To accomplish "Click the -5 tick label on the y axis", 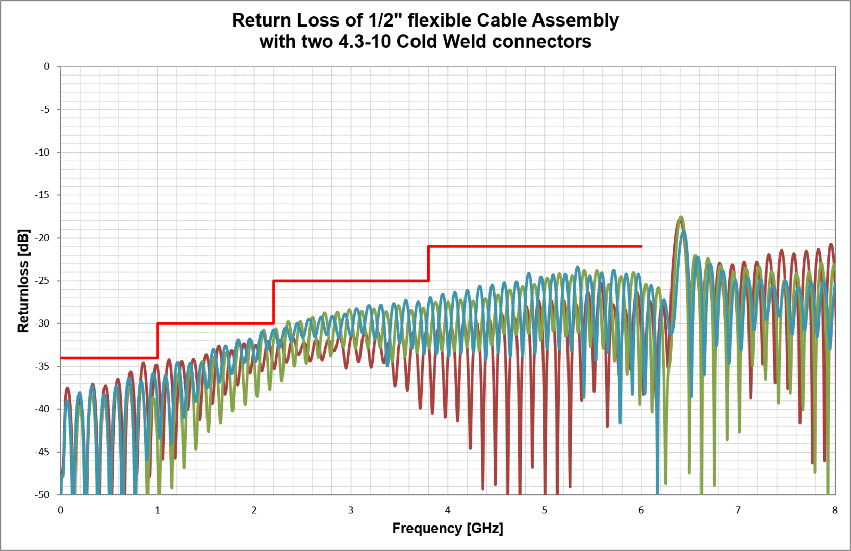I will coord(46,109).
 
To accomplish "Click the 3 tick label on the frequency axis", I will coord(351,510).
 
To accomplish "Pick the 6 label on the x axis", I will coord(641,510).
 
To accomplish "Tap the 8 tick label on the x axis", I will coord(835,510).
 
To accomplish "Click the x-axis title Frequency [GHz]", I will coord(447,529).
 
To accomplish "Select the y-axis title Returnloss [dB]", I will coord(23,281).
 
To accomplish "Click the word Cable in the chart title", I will coord(503,20).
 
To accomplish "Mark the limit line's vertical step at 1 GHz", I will coord(158,341).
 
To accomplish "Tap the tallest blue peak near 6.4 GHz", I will coord(684,232).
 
